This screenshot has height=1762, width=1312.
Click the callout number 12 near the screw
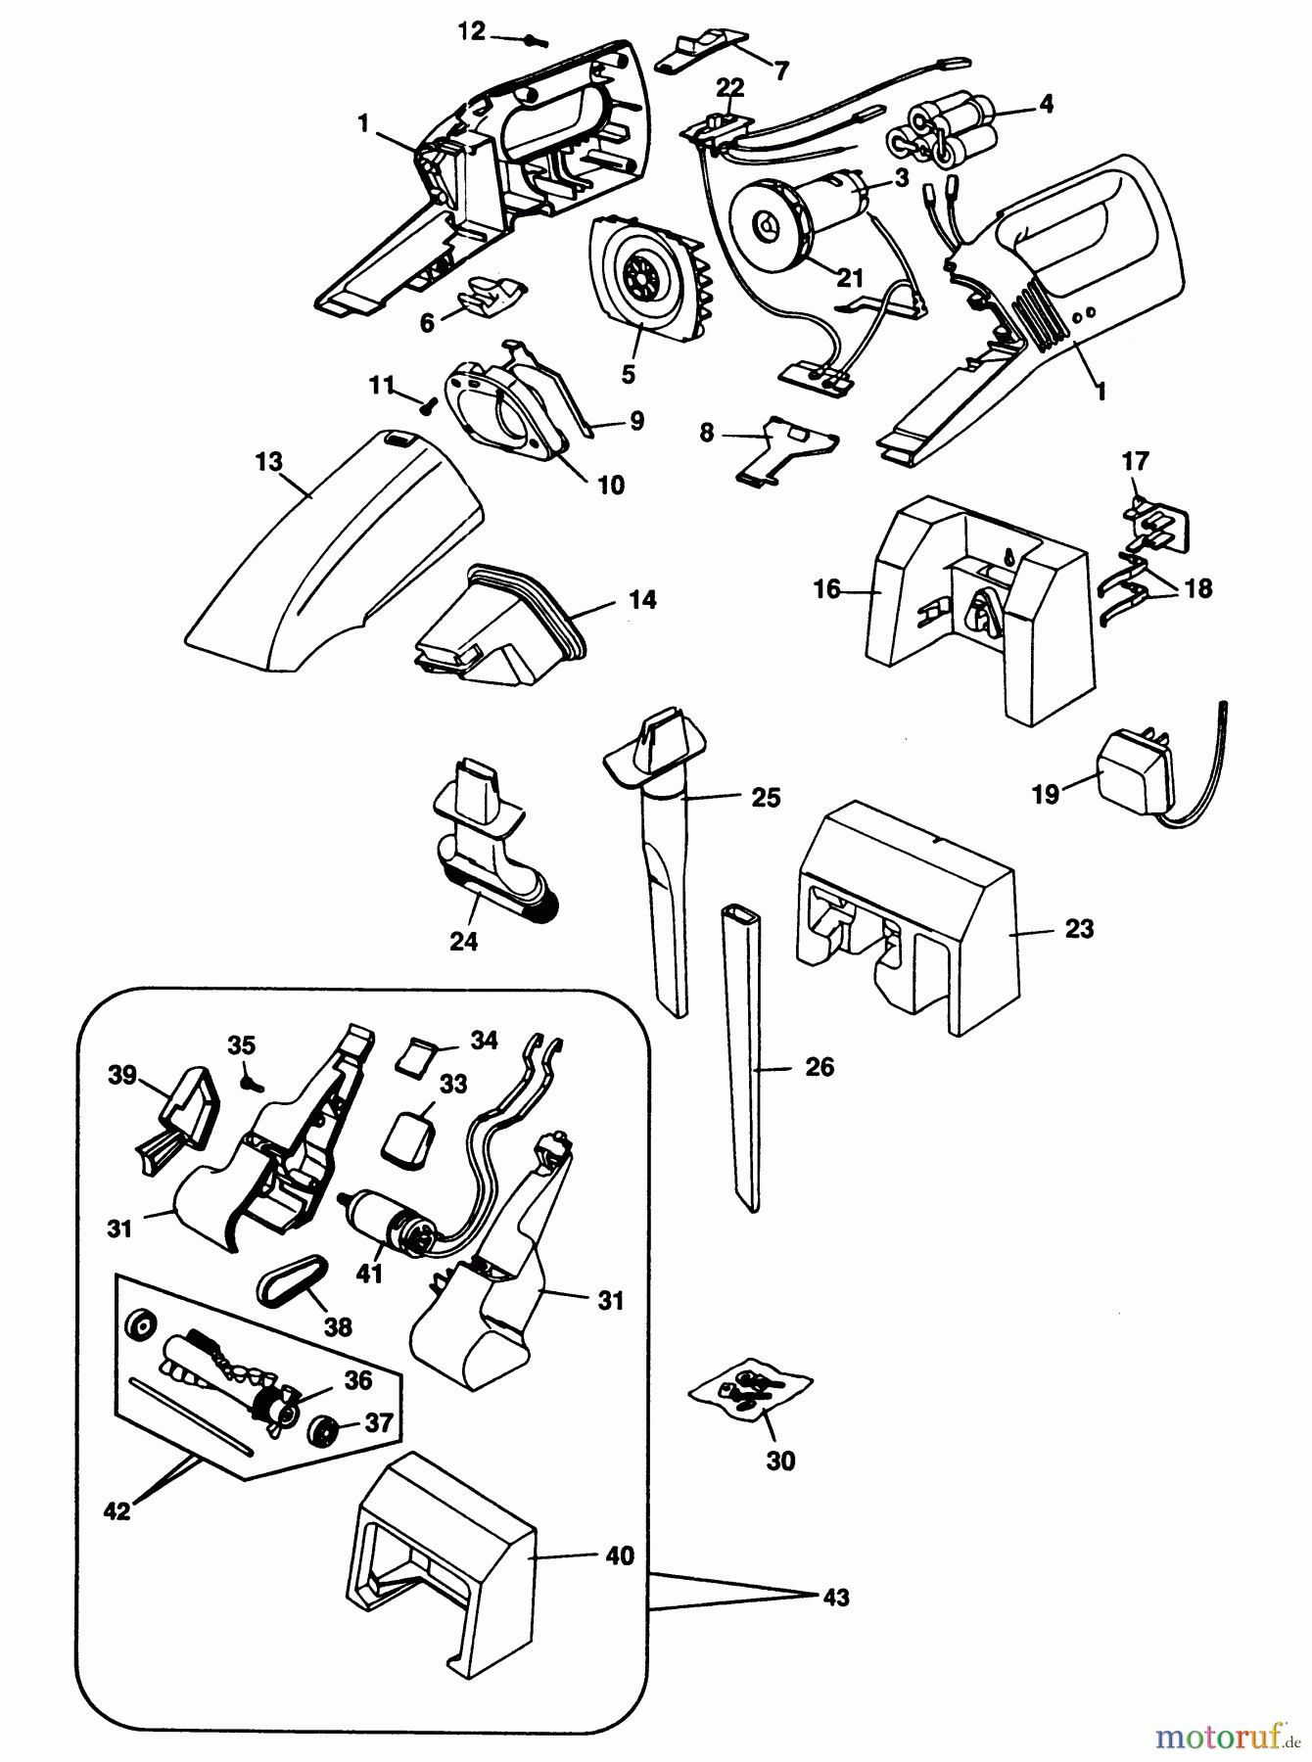(471, 31)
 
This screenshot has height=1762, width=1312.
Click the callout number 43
(835, 1598)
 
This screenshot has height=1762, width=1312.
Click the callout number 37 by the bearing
(377, 1422)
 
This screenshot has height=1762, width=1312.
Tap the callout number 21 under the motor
(850, 277)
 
